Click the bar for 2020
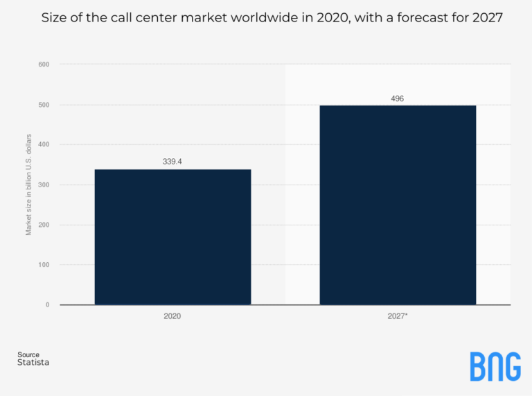pos(172,236)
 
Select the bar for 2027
pos(398,205)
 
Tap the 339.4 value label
pos(172,162)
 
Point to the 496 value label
pos(397,98)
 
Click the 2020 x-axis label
pos(172,316)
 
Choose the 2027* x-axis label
pos(398,316)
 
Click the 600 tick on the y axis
pos(44,64)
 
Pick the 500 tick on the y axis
pos(44,105)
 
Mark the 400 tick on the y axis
pos(44,144)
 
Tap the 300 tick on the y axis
pos(44,184)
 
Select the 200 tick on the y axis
pos(44,225)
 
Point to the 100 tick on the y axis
pos(44,265)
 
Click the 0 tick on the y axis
pos(48,304)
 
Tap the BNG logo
pos(495,366)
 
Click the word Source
pos(28,355)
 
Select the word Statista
pos(33,363)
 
